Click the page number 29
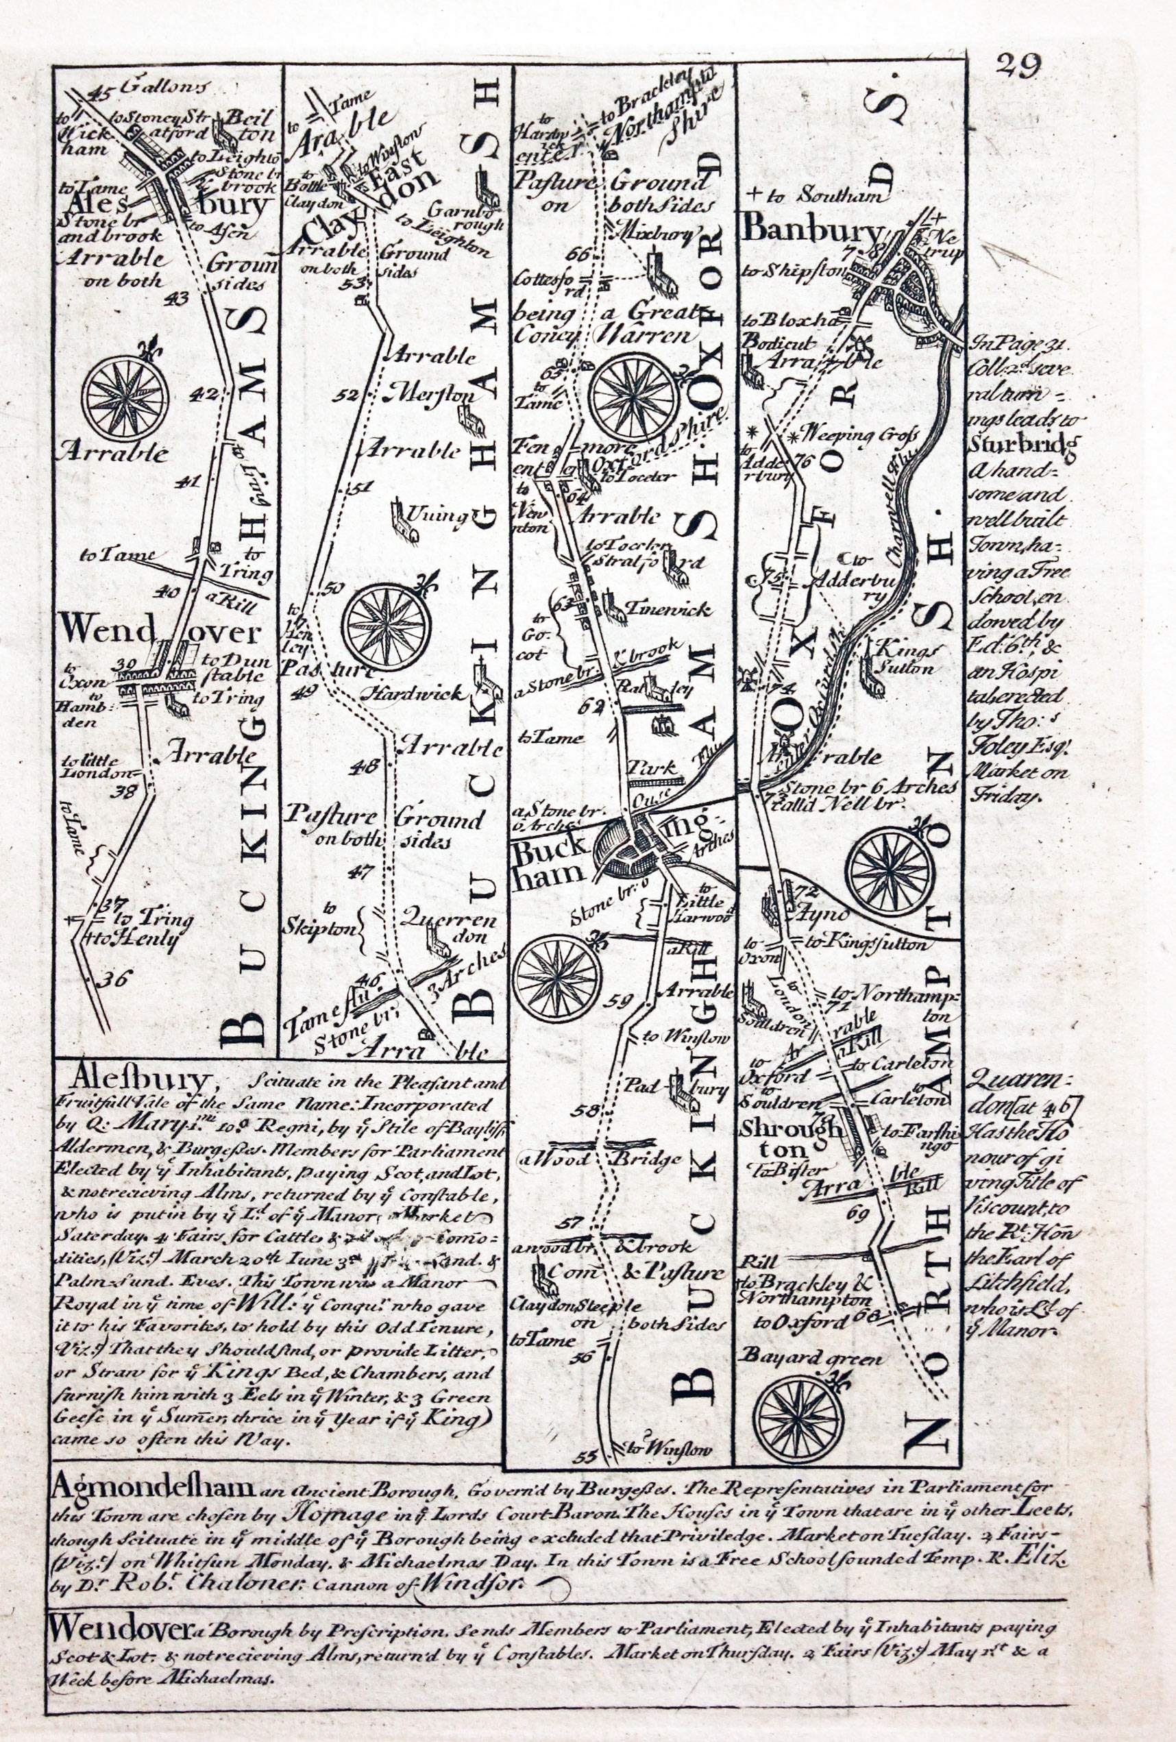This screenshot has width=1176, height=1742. tap(1018, 66)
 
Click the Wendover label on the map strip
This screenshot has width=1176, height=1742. tap(160, 633)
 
